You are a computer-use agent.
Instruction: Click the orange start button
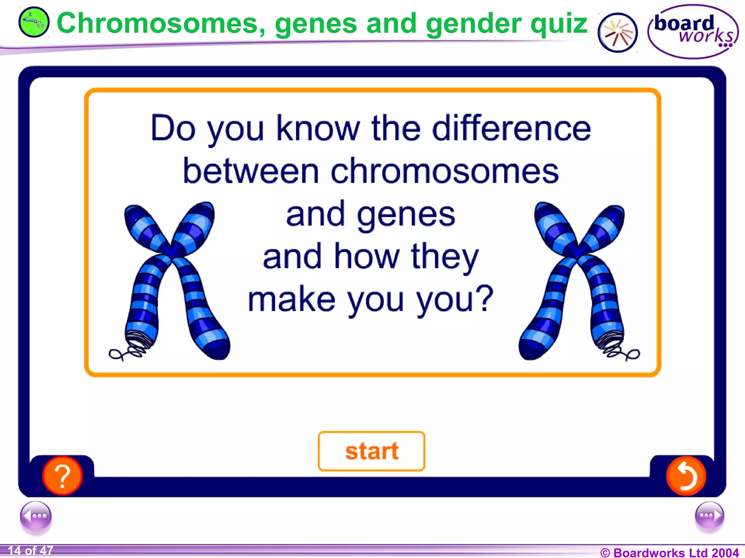point(371,451)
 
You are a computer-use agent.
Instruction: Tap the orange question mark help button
point(62,476)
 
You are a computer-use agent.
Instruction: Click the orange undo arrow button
point(686,476)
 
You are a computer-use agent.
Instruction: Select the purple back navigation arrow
point(36,516)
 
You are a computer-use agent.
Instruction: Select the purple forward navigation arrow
point(709,516)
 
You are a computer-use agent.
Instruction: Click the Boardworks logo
point(693,31)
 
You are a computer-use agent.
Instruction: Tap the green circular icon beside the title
point(33,23)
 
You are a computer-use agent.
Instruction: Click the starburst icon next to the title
point(617,33)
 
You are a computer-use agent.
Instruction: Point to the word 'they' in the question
point(445,257)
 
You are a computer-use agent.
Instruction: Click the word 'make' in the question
point(291,300)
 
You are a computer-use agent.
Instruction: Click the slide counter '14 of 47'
point(31,551)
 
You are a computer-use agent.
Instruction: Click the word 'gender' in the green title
point(473,24)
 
